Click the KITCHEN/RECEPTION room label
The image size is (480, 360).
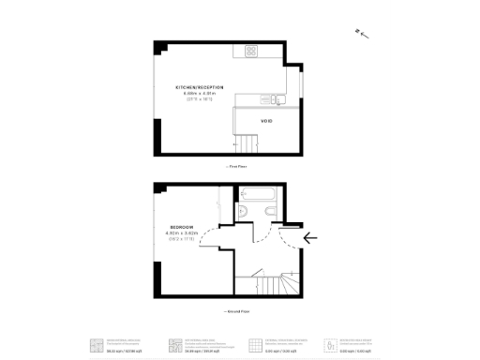coord(199,86)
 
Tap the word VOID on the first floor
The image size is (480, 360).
coord(265,120)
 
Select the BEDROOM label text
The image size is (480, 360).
coord(183,227)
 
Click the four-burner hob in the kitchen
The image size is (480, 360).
coord(251,51)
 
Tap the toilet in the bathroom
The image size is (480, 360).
coord(243,214)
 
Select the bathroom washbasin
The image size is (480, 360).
coord(268,213)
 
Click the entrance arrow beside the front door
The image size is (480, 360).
coord(310,238)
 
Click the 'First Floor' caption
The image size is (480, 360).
coord(238,166)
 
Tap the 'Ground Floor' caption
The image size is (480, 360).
coord(238,309)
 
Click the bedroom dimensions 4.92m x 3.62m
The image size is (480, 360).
coord(183,233)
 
